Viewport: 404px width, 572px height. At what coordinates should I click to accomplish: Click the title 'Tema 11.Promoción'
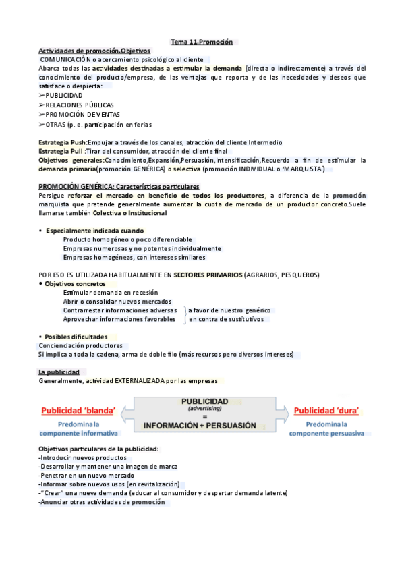point(202,42)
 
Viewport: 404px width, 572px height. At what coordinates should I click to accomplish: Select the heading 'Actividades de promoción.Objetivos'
point(94,51)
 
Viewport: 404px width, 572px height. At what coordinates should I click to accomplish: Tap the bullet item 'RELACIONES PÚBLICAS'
point(80,105)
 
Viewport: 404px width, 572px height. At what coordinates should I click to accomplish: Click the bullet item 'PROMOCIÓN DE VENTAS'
point(80,115)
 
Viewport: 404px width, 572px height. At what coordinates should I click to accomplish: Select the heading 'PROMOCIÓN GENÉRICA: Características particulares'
point(119,186)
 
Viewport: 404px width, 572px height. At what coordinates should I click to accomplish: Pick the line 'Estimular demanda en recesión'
point(110,293)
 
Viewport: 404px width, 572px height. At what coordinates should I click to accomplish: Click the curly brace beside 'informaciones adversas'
point(184,314)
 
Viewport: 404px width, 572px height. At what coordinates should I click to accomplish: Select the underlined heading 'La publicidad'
point(59,372)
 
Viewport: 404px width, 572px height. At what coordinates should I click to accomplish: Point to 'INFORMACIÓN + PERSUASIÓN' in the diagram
point(200,426)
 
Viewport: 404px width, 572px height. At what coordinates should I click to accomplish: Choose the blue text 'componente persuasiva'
point(326,433)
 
